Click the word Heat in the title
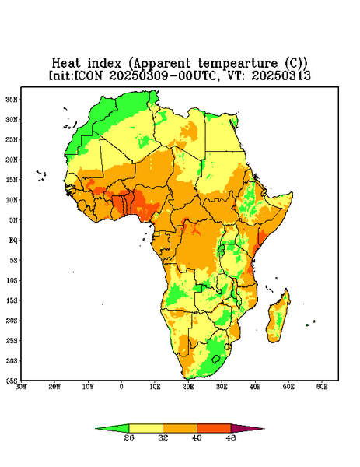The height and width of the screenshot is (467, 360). pos(66,63)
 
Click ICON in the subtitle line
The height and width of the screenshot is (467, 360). pos(89,75)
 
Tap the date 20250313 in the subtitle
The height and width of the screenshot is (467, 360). pos(281,75)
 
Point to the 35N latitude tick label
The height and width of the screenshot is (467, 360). pos(12,99)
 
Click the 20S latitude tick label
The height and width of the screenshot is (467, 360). pos(12,321)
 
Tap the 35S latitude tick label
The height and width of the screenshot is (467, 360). pos(12,381)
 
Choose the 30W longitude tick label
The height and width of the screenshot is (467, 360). pos(21,387)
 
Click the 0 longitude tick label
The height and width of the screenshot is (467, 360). pos(121,387)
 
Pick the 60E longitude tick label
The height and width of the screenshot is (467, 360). pos(322,387)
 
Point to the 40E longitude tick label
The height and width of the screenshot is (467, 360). pos(255,387)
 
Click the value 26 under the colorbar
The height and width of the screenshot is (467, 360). pos(129,437)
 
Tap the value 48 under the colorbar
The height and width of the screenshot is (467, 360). pos(231,437)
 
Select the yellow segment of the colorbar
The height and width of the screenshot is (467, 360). pos(145,428)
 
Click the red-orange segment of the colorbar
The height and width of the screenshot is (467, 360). pos(214,428)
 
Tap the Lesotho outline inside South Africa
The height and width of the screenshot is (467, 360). pos(216,359)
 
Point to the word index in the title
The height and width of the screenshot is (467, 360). pos(104,63)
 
